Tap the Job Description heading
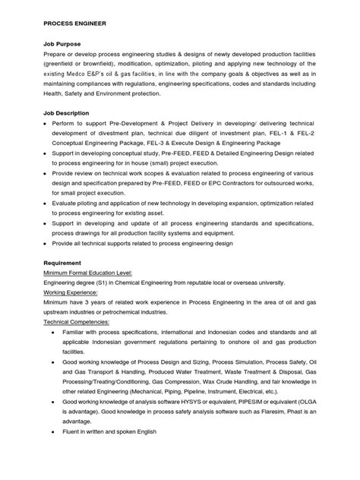(x=68, y=112)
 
